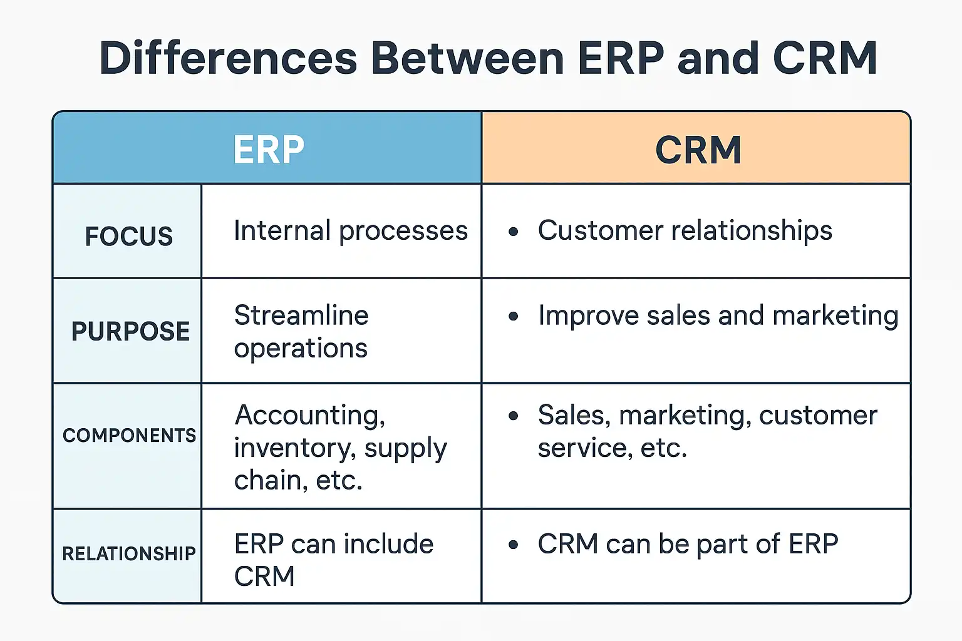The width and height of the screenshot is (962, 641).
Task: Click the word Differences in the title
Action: point(228,58)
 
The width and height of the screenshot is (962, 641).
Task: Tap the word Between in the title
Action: point(467,58)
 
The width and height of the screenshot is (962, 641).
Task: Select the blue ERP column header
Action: point(267,148)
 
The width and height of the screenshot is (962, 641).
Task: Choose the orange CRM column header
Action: point(696,148)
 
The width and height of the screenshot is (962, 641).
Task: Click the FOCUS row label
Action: point(129,236)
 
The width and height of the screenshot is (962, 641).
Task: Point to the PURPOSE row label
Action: point(130,331)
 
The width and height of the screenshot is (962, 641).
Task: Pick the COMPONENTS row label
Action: point(129,435)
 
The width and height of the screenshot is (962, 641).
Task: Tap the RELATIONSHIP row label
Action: point(129,553)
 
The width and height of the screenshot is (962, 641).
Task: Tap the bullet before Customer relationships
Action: point(513,232)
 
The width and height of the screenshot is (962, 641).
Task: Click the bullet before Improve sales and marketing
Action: point(513,316)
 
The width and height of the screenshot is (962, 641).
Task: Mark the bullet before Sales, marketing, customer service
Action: point(513,416)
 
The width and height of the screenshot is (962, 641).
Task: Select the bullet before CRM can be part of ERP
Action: point(513,545)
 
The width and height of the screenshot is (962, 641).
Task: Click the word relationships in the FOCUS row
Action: point(752,232)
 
